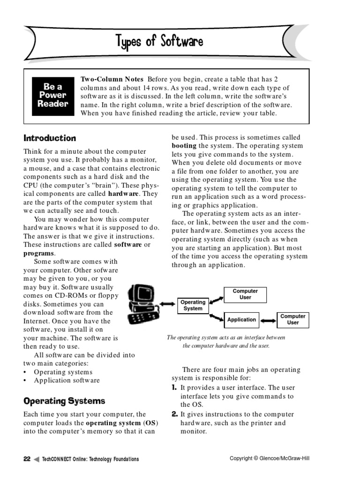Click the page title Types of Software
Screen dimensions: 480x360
point(159,42)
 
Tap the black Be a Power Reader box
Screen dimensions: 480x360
point(52,95)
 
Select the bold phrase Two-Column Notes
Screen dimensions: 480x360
point(112,79)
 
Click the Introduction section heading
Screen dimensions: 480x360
point(50,138)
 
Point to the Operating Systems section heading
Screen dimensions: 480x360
point(64,401)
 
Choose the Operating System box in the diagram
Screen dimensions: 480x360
point(193,305)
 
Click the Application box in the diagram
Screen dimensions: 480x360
point(241,320)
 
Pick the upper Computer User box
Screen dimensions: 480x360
point(245,294)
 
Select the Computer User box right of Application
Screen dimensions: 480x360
point(292,320)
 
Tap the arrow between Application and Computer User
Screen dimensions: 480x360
point(268,320)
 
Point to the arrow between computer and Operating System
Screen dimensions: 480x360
point(167,304)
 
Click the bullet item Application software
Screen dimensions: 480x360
point(67,381)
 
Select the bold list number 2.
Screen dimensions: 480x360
point(174,414)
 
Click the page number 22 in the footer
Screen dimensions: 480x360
point(27,459)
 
